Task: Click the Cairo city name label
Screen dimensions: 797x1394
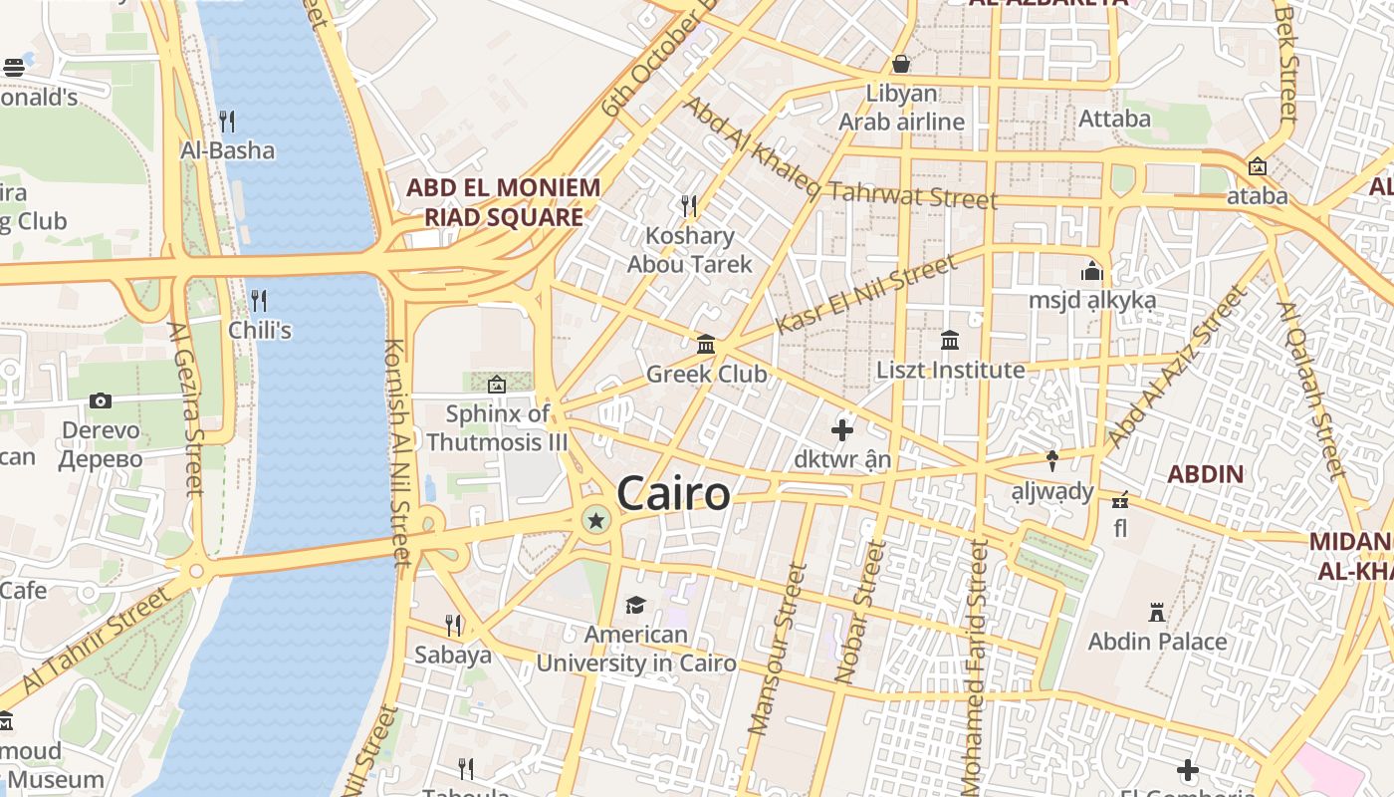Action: (673, 494)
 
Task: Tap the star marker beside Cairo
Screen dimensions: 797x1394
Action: (596, 519)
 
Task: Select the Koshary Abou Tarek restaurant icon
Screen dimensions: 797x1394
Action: (688, 206)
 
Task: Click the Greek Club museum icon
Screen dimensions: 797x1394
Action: (706, 345)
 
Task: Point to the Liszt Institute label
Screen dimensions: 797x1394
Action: (950, 371)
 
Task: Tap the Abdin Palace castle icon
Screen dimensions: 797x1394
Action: (1157, 612)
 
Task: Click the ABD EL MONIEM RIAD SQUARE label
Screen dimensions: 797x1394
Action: (503, 202)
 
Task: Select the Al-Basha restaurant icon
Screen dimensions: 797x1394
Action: (227, 122)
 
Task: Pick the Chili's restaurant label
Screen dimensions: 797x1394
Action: (260, 330)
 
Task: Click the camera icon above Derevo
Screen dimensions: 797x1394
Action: (101, 400)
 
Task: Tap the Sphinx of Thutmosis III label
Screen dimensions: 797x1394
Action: (497, 427)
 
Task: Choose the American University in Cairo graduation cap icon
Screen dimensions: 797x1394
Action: (635, 605)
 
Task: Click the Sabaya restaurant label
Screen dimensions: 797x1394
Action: (453, 655)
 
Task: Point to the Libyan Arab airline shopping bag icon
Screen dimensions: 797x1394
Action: (901, 65)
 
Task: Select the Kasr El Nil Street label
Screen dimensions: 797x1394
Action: (865, 295)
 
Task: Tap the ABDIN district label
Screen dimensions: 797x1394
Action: (1205, 474)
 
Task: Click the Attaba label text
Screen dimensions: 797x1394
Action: (1114, 119)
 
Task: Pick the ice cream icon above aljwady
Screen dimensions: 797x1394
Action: (1051, 460)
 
